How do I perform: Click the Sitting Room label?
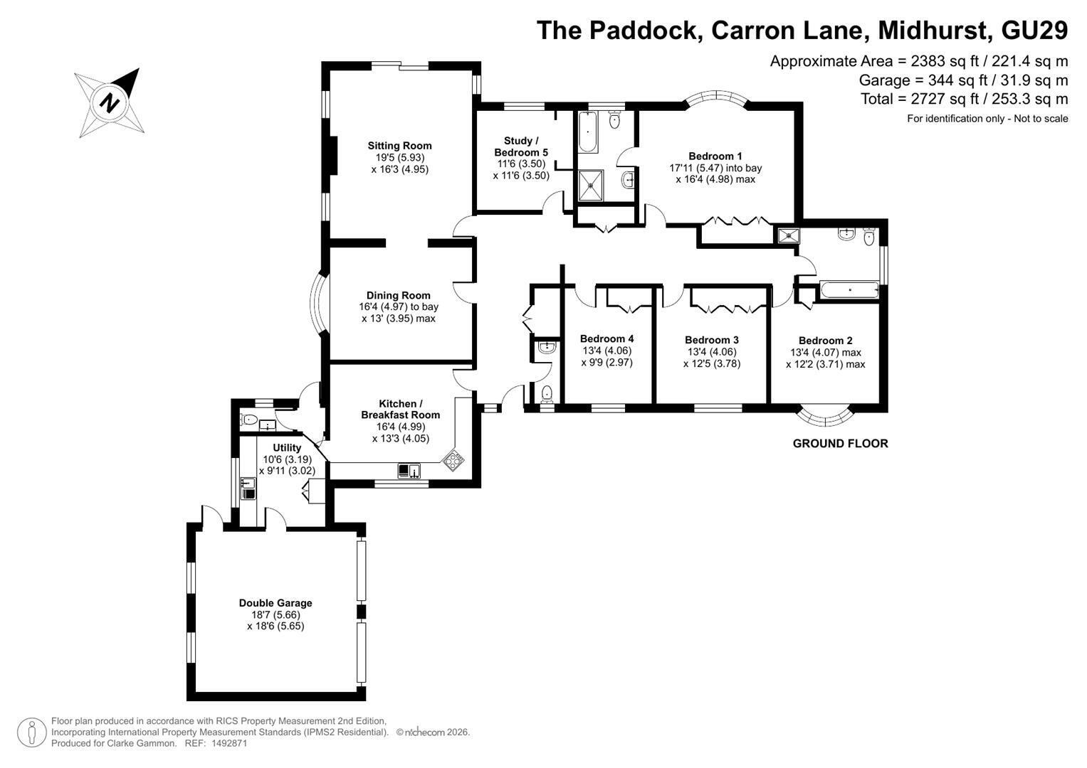[x=399, y=146]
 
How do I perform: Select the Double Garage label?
[x=275, y=603]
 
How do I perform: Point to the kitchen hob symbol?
[x=453, y=460]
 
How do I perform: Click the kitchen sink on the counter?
[x=409, y=471]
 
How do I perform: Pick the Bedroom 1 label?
[x=715, y=156]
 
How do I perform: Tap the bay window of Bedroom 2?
[x=826, y=417]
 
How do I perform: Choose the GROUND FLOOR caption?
[x=841, y=443]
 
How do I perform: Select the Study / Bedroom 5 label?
[x=521, y=146]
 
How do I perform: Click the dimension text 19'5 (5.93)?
[x=400, y=158]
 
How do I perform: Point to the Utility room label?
[x=287, y=447]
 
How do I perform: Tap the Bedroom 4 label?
[x=607, y=338]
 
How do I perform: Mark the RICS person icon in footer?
[x=31, y=732]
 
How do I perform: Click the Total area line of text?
[x=965, y=99]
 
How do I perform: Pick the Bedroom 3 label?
[x=712, y=340]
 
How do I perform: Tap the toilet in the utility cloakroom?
[x=249, y=420]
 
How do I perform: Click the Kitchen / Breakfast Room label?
[x=400, y=409]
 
